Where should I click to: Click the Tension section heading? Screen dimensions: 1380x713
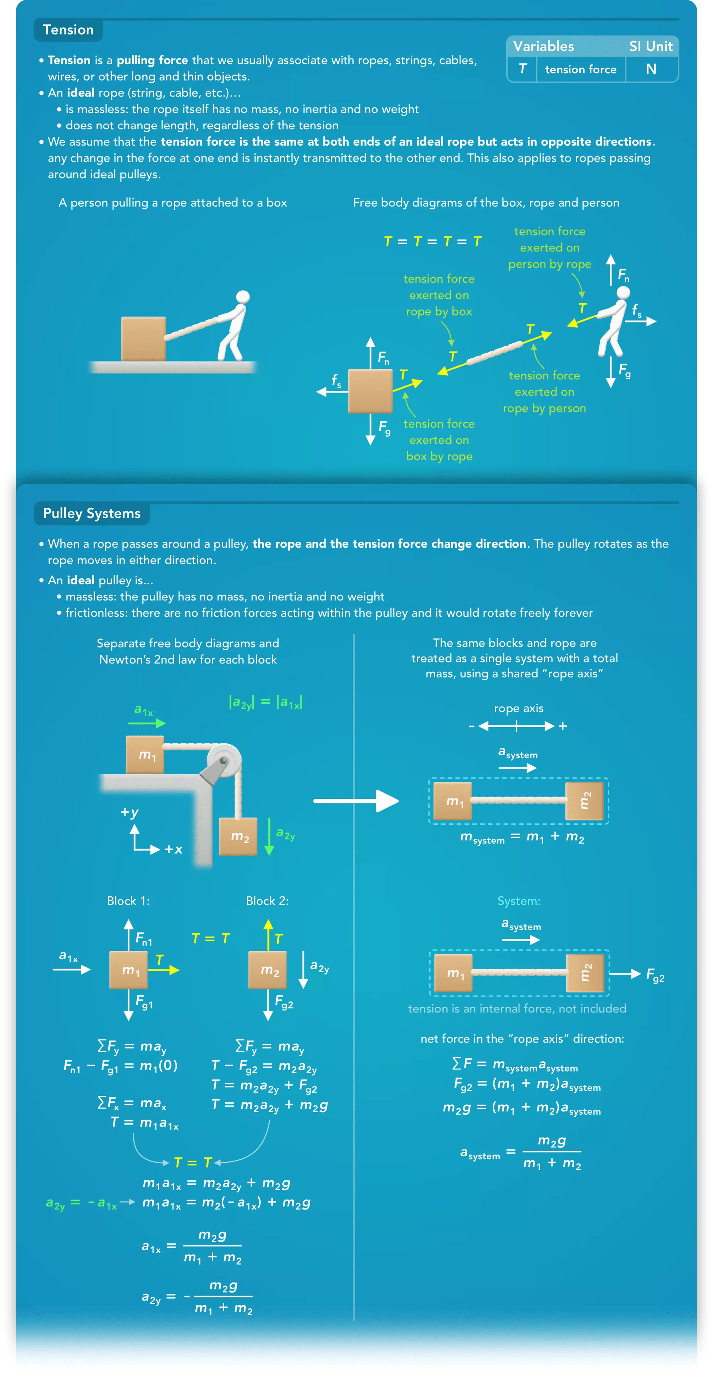pos(68,30)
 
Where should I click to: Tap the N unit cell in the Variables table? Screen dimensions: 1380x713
pos(651,69)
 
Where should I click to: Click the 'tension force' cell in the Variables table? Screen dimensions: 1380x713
pos(581,70)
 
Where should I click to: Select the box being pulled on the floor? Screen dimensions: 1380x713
pos(143,339)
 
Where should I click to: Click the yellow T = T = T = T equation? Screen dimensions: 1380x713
pos(433,241)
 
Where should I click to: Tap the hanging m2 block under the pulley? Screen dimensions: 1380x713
pos(238,836)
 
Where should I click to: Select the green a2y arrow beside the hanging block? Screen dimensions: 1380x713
pos(269,836)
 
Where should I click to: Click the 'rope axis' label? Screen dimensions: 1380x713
pos(518,708)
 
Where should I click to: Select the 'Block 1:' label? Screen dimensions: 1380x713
pos(128,901)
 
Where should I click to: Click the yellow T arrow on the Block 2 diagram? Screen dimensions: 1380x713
pos(268,935)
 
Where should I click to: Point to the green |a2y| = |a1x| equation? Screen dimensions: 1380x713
pos(265,702)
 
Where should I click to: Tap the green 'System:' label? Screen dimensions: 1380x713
pos(518,901)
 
